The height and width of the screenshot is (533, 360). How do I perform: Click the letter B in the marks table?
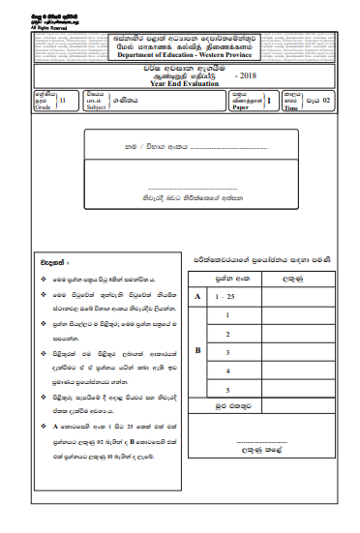click(x=198, y=350)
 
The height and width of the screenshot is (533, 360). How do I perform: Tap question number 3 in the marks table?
click(x=226, y=351)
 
